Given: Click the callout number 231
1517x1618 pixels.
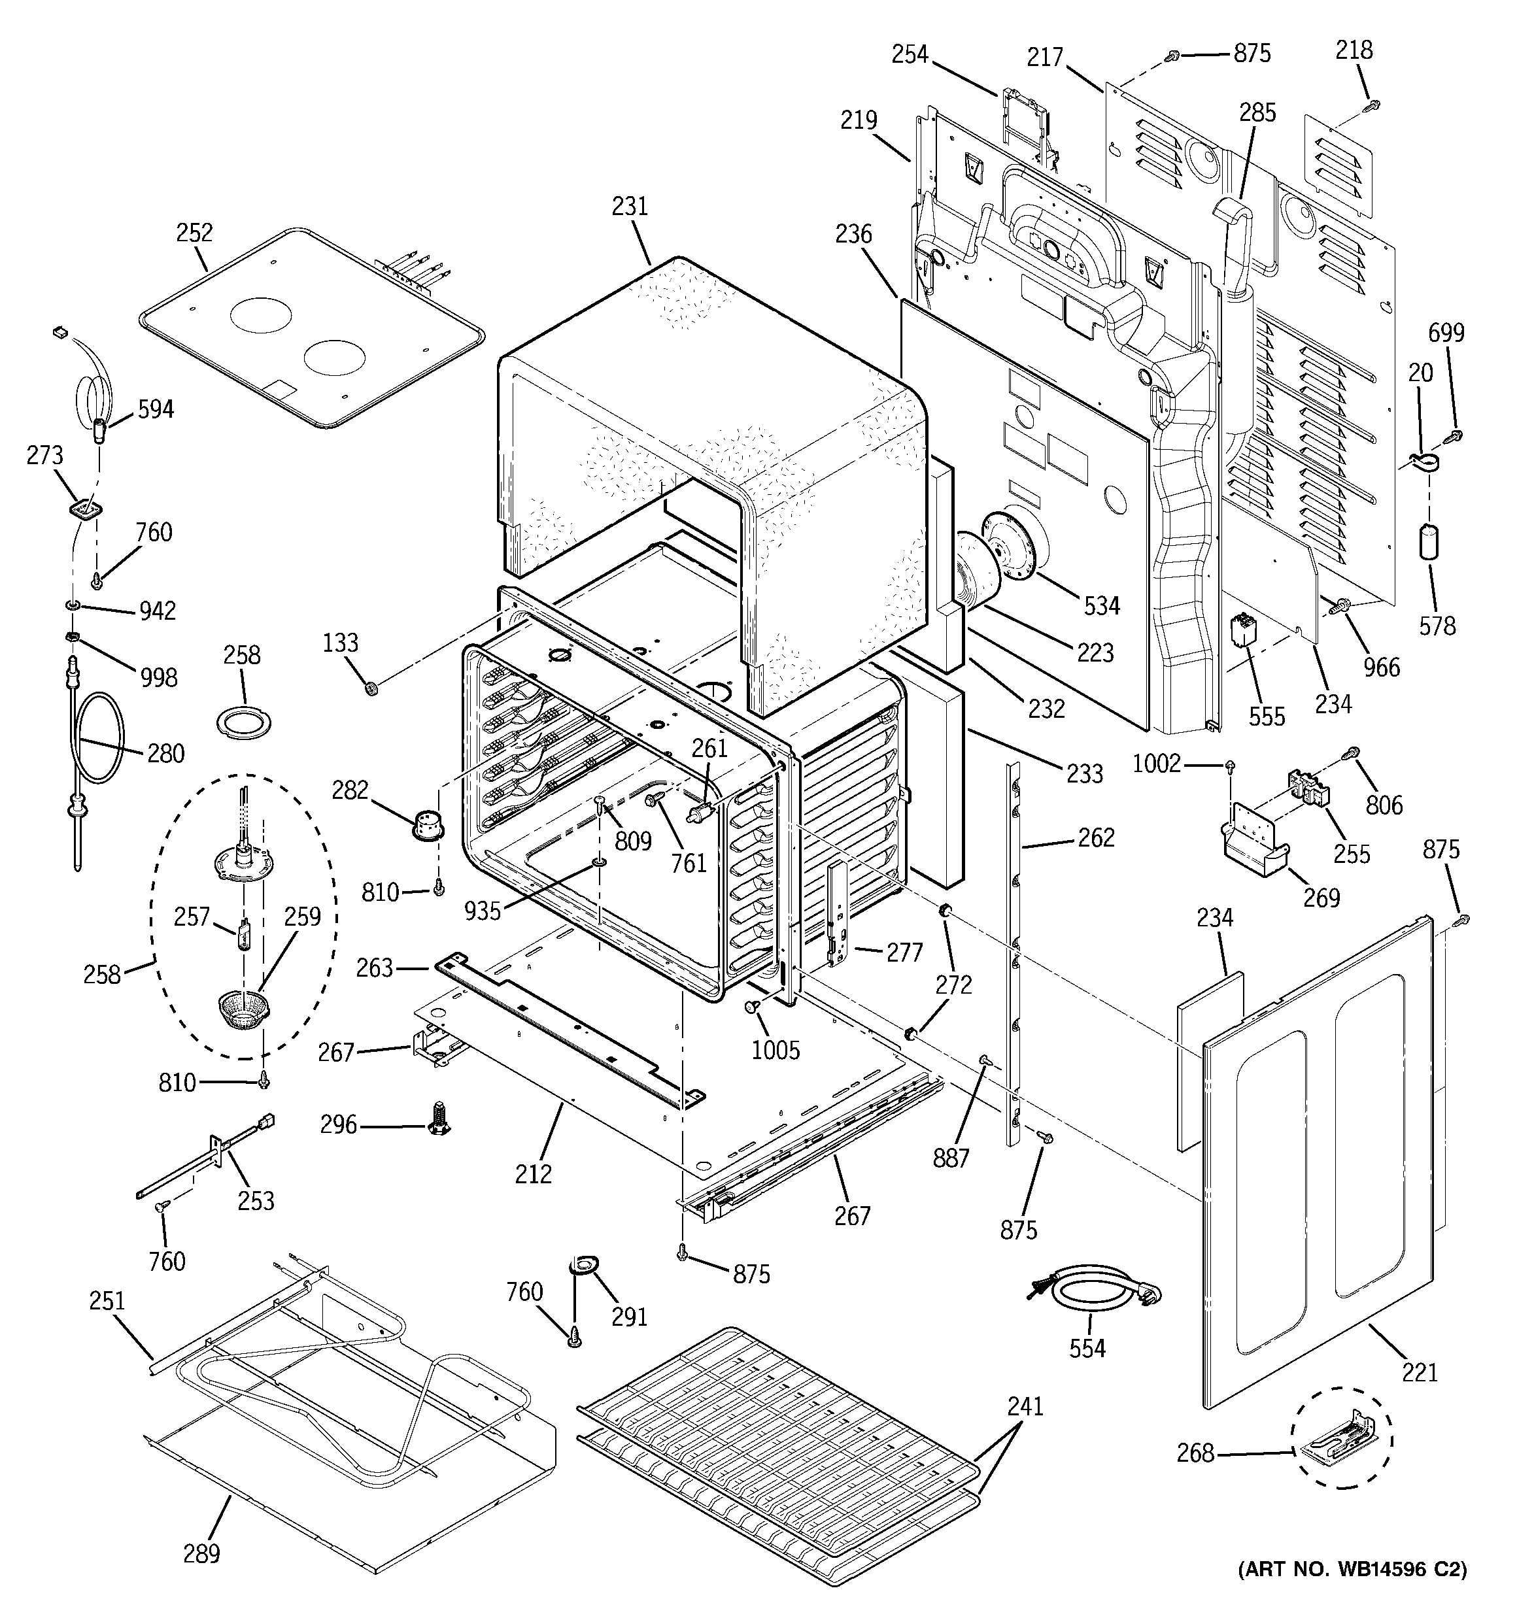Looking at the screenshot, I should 630,207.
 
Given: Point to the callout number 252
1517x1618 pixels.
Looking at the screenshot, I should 195,233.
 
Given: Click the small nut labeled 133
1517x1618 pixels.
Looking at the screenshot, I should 371,689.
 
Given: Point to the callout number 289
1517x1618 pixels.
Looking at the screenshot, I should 201,1554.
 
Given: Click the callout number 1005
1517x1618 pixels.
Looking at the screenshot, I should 776,1051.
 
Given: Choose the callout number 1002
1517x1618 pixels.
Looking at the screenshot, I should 1156,764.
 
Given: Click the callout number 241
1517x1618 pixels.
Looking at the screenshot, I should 1025,1406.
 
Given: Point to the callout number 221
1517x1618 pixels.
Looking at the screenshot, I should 1420,1373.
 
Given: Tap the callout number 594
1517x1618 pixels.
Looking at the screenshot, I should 155,409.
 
